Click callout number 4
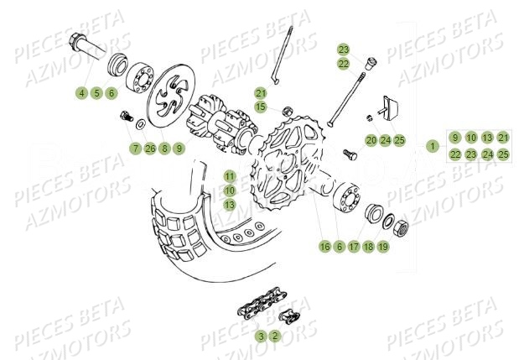pos(81,93)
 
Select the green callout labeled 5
pos(96,93)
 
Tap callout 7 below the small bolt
pos(134,149)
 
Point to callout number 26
pos(149,149)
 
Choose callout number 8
pos(164,149)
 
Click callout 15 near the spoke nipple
pos(261,107)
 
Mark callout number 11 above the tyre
pos(229,175)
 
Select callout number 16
pos(324,247)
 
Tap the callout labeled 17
pos(354,247)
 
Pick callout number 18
pos(369,247)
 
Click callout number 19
pos(384,247)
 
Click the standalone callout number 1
pos(433,146)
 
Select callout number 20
pos(370,139)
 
